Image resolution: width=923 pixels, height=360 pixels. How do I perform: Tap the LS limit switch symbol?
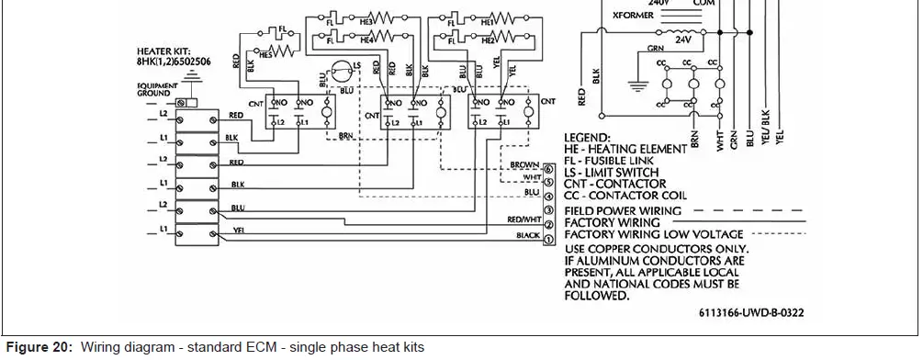click(341, 71)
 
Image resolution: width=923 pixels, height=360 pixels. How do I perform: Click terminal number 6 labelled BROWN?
click(547, 169)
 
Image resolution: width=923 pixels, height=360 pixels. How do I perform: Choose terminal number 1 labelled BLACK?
click(547, 240)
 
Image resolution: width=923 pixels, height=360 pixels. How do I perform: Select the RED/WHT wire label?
click(523, 220)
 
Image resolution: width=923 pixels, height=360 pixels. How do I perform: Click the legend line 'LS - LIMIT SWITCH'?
click(611, 172)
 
